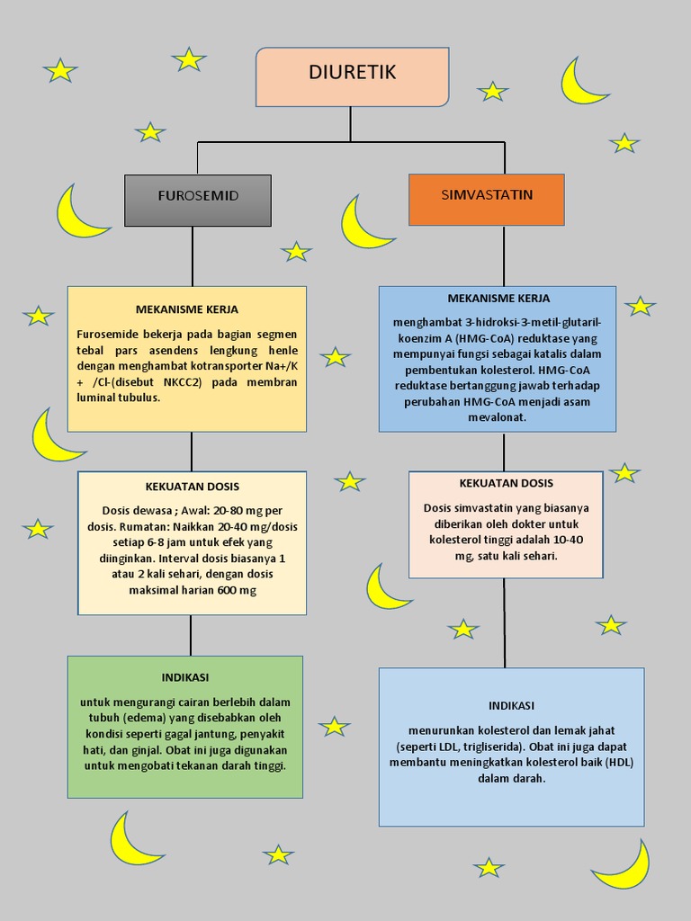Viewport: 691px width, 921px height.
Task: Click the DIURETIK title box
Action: point(352,77)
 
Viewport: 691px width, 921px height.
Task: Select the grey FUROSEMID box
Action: point(198,200)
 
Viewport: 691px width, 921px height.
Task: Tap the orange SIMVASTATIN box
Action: point(487,199)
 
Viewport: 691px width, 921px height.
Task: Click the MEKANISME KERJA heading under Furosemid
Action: point(187,308)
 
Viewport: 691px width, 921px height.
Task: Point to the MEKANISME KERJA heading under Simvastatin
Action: point(498,298)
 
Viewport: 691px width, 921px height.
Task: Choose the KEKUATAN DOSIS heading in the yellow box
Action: point(193,487)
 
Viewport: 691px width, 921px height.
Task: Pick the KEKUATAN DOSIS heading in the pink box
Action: point(506,483)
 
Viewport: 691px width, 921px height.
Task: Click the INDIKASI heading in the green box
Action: point(185,676)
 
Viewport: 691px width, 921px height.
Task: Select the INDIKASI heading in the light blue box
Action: point(511,705)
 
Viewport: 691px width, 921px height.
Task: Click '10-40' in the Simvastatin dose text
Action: point(565,540)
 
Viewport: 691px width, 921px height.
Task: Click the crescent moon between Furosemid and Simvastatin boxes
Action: point(362,225)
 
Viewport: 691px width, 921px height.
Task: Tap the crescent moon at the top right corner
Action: point(580,83)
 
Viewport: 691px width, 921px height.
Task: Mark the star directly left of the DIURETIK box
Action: point(189,60)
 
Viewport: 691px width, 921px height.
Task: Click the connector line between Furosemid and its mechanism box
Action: point(193,256)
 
